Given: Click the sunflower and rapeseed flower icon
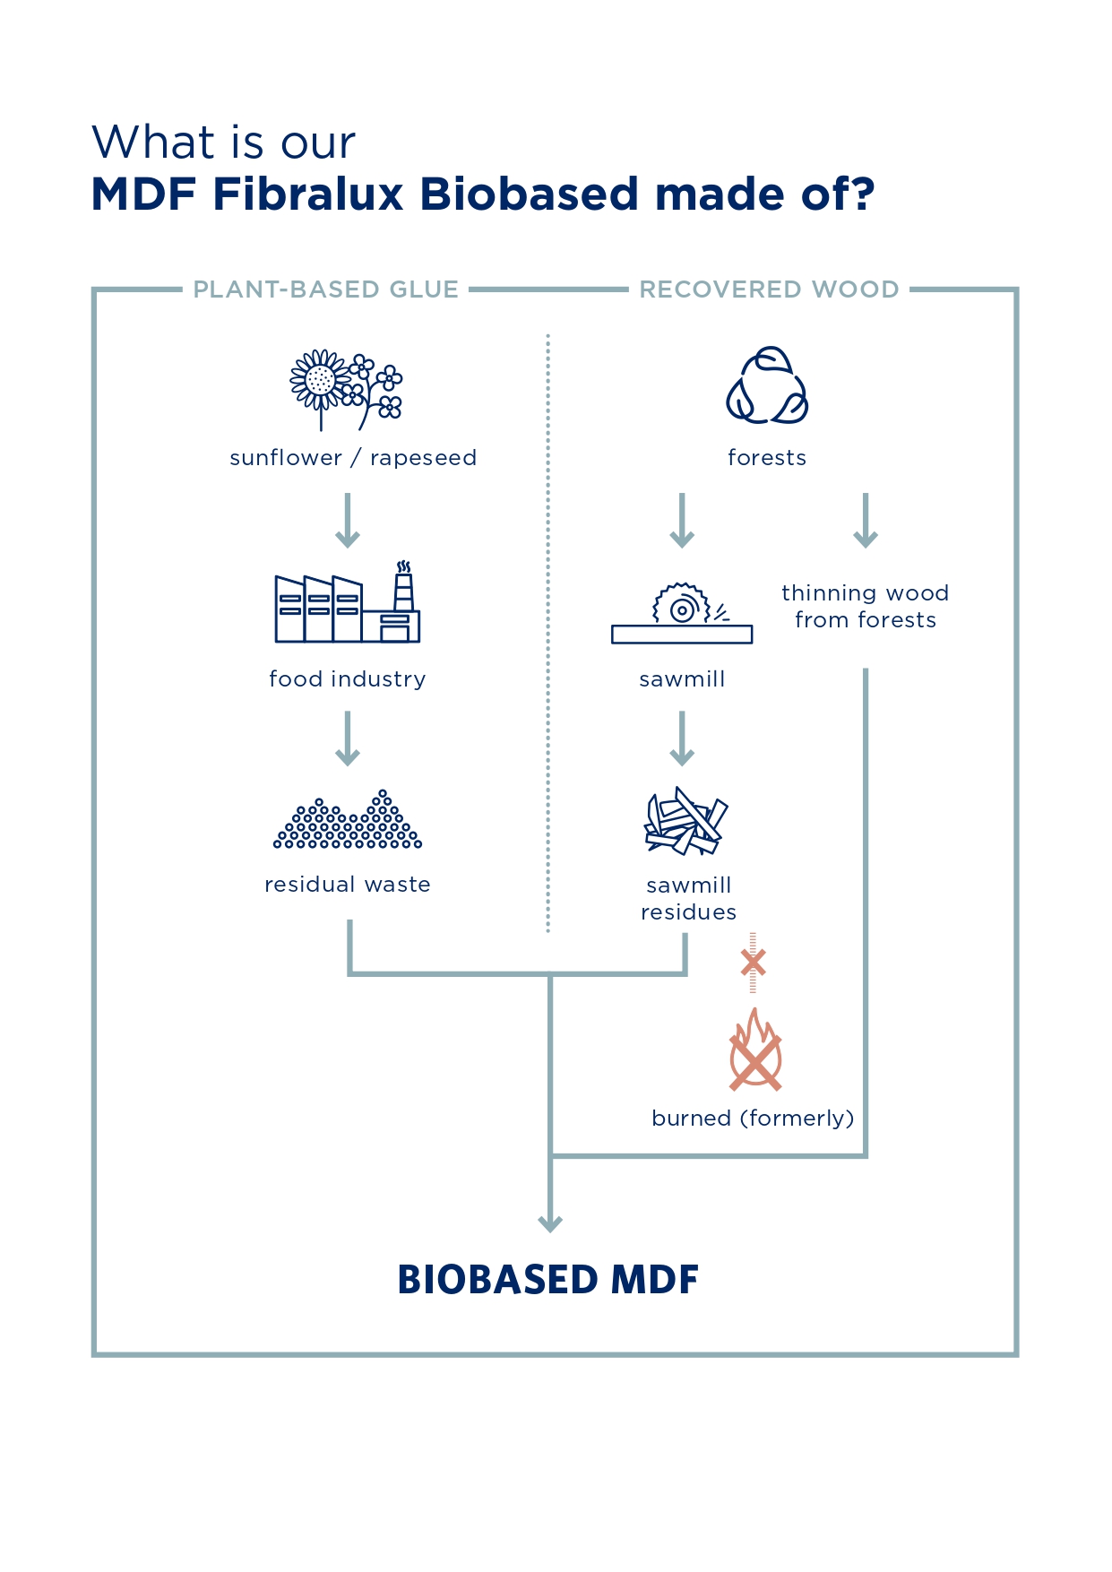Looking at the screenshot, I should coord(347,390).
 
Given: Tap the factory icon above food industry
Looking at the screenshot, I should coord(347,603).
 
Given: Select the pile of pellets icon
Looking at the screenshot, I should coord(348,820).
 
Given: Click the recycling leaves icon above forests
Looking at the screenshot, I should coord(767,386).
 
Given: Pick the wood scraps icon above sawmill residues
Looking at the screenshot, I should coord(685,820).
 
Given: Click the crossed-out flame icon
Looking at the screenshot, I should coord(755,1050).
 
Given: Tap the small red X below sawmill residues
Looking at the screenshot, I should coord(753,963).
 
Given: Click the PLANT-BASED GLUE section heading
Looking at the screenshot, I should coord(326,289).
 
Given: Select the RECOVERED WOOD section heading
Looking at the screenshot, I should coord(769,289).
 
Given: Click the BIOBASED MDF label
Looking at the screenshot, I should coord(547,1280).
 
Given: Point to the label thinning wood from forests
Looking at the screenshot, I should coord(865,607).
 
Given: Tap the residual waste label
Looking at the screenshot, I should coord(348,885).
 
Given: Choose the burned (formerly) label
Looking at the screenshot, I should coord(753,1119).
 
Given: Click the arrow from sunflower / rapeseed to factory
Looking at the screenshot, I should coord(348,520).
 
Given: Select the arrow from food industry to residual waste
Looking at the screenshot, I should coord(348,738).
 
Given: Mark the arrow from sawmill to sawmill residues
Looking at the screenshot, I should coord(682,738).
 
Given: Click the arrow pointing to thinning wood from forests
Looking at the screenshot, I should coord(865,520).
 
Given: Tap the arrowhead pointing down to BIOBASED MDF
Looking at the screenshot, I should coord(550,1222).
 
